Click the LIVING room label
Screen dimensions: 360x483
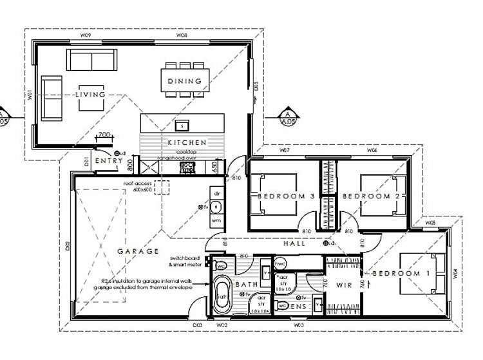point(90,95)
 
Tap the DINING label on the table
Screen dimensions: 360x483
point(185,81)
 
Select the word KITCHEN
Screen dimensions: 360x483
point(187,142)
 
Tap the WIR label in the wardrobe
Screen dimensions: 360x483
point(343,284)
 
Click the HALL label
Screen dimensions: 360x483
point(295,243)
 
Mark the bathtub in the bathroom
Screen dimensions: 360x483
point(222,294)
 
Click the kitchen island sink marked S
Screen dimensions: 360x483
point(183,124)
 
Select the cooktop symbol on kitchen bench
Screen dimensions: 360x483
point(188,167)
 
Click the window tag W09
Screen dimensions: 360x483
point(83,37)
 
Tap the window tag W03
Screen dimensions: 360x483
point(298,325)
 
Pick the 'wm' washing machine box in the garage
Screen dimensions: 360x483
point(216,221)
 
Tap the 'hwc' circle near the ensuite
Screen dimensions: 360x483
point(281,263)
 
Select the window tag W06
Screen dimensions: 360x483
point(372,150)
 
